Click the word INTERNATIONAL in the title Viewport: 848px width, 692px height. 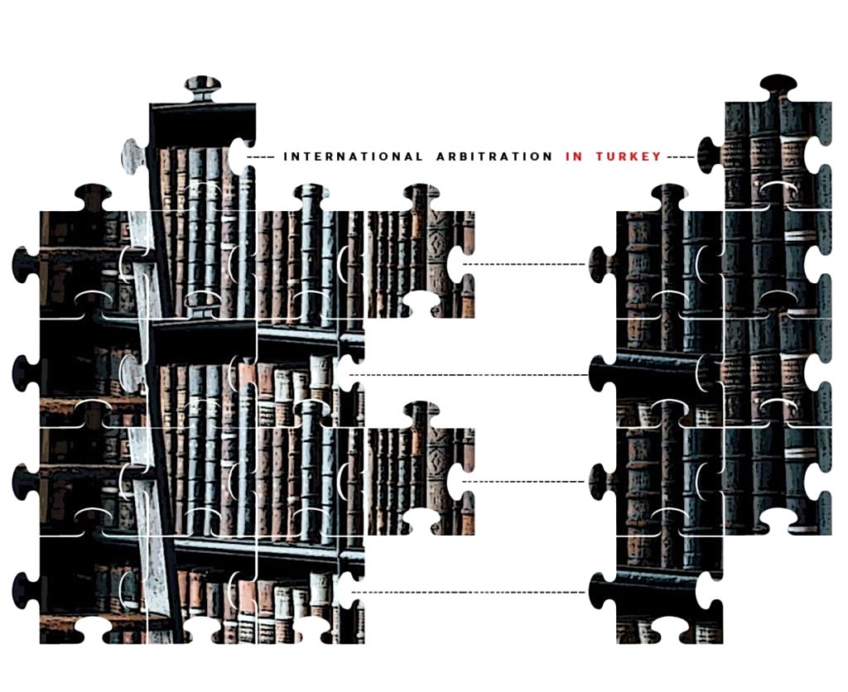(x=353, y=156)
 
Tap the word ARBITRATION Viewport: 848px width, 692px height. (x=494, y=156)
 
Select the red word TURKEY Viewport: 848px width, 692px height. (x=629, y=156)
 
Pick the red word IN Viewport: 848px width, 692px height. (x=574, y=156)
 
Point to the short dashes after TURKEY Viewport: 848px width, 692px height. (x=681, y=156)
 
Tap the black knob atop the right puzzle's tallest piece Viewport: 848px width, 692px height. (x=778, y=86)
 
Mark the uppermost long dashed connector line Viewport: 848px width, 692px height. (x=523, y=264)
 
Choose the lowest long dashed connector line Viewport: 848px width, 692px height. (x=469, y=592)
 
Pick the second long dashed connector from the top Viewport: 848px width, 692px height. (x=469, y=375)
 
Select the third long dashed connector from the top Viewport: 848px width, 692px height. (x=523, y=481)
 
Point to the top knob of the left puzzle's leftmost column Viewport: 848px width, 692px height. (x=93, y=197)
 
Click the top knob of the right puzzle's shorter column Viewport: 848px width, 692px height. (x=670, y=197)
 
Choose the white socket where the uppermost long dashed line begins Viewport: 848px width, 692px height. (x=457, y=264)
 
